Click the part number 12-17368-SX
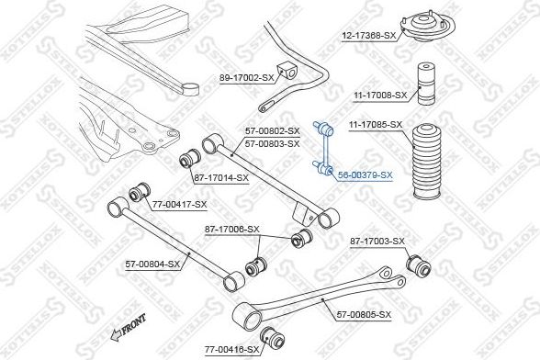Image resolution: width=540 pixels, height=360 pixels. tap(368, 35)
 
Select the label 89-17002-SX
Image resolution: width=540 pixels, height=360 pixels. tap(246, 78)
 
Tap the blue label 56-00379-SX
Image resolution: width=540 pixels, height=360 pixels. tap(366, 175)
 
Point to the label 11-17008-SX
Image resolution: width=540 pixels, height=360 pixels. tap(380, 96)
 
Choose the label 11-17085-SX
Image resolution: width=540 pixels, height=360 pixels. tap(376, 125)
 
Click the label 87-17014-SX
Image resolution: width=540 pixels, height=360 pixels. tap(221, 178)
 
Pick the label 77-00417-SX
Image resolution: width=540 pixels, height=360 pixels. tap(179, 205)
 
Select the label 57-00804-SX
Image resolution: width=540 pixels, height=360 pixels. tap(152, 264)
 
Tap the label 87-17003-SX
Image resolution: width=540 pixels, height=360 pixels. tap(377, 242)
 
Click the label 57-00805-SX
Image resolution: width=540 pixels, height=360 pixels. tap(364, 315)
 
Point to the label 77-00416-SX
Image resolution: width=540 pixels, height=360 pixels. tap(231, 350)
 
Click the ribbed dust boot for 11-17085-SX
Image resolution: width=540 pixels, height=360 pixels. tap(427, 162)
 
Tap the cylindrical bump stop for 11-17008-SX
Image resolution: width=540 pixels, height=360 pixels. tap(426, 84)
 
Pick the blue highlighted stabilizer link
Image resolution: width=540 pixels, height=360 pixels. tap(323, 148)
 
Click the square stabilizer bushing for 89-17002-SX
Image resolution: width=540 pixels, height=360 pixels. tap(287, 71)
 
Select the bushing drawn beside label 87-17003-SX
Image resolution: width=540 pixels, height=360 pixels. tap(418, 265)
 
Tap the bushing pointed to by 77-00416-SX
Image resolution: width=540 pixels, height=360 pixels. tap(272, 337)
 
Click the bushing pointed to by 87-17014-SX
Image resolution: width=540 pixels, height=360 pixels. tap(190, 159)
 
